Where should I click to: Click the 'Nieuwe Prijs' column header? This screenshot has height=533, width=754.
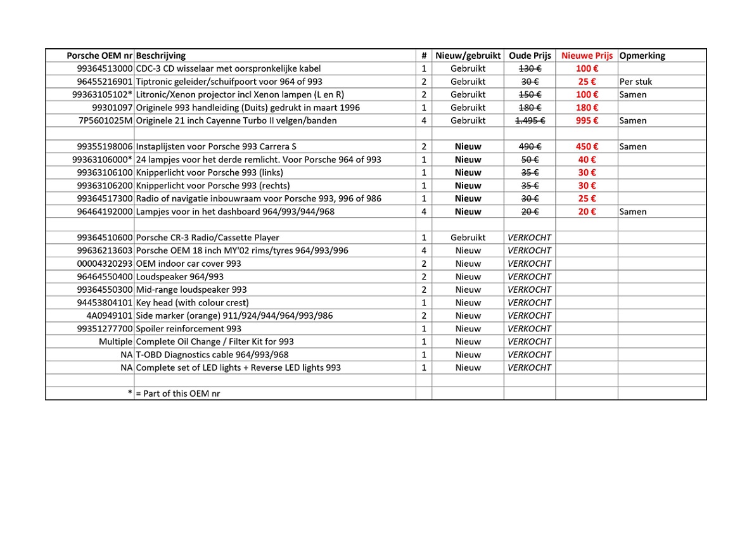pyautogui.click(x=587, y=56)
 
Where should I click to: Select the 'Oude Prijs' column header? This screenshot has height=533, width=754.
pyautogui.click(x=530, y=56)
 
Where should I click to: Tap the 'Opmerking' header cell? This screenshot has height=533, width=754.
pyautogui.click(x=642, y=56)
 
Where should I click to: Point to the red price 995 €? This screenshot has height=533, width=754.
pyautogui.click(x=587, y=120)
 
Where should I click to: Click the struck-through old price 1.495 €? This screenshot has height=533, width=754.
pyautogui.click(x=530, y=120)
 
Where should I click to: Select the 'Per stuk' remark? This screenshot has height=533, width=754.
pyautogui.click(x=636, y=82)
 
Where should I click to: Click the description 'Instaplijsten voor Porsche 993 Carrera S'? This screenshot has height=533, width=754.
pyautogui.click(x=216, y=146)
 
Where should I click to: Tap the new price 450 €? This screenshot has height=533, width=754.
pyautogui.click(x=587, y=146)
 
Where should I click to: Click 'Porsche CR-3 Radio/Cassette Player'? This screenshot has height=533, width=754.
pyautogui.click(x=207, y=238)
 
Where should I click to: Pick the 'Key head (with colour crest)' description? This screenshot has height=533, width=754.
pyautogui.click(x=192, y=302)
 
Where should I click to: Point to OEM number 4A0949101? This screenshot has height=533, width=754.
pyautogui.click(x=110, y=316)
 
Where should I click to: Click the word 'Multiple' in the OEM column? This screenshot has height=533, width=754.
pyautogui.click(x=115, y=342)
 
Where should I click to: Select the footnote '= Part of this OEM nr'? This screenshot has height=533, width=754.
pyautogui.click(x=178, y=394)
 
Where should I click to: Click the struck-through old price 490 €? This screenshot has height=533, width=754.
pyautogui.click(x=530, y=146)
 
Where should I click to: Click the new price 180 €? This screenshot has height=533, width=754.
pyautogui.click(x=587, y=108)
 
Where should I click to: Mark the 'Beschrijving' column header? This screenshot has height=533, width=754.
pyautogui.click(x=160, y=56)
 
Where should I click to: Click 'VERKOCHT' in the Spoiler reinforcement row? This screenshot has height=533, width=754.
pyautogui.click(x=530, y=328)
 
